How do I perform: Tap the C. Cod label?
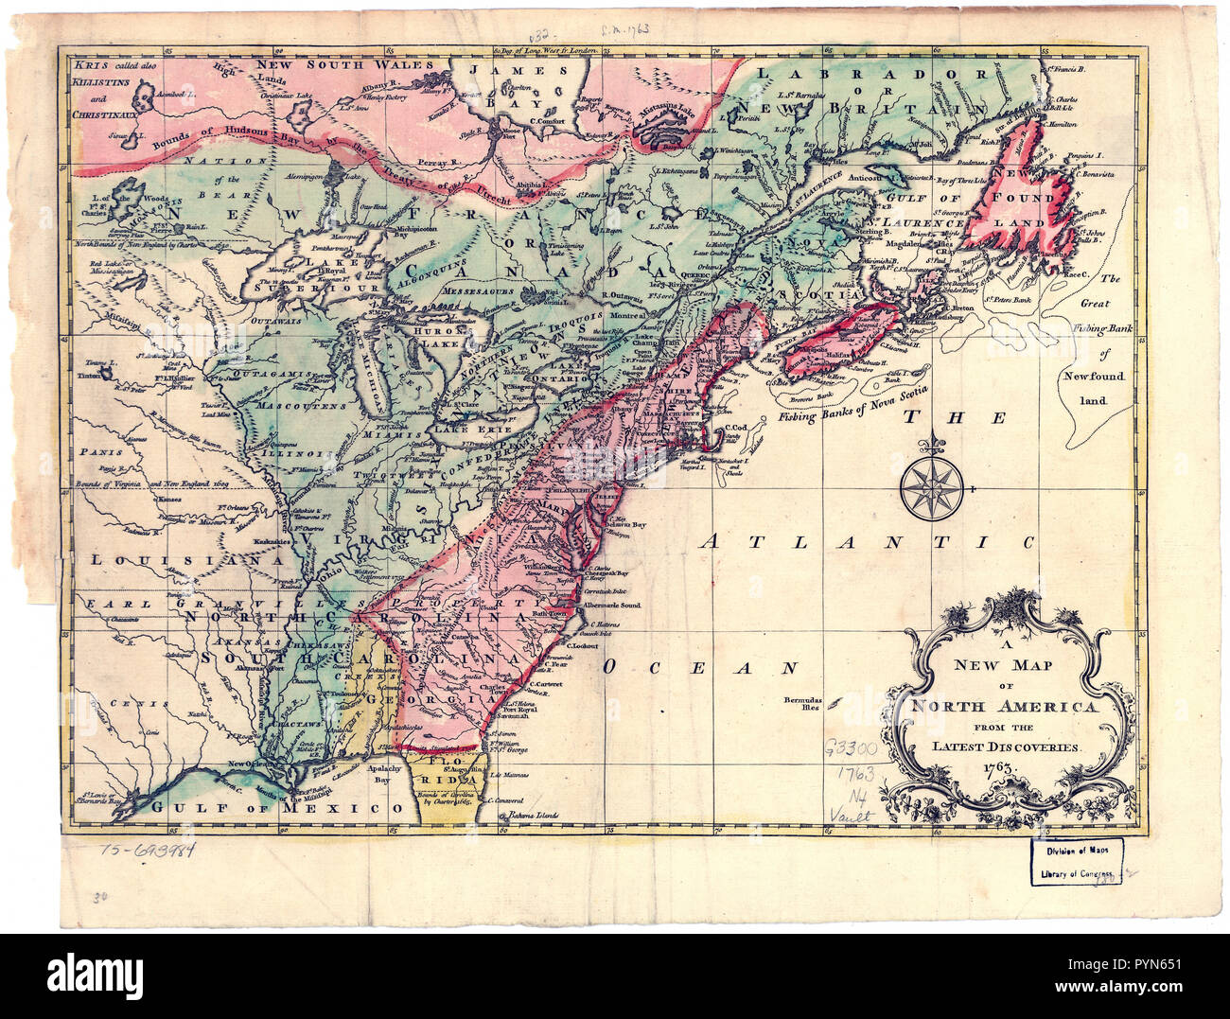point(736,428)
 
